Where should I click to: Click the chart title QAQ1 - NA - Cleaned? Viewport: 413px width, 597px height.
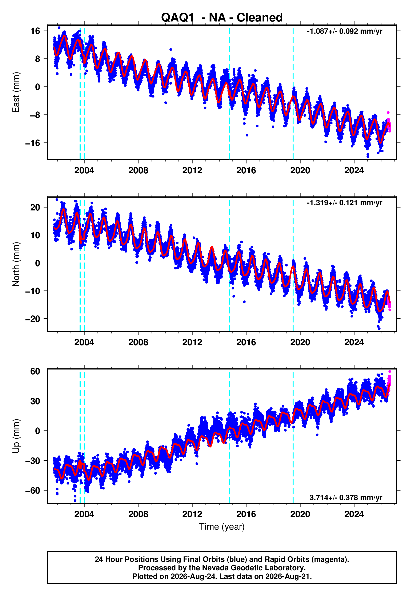[x=222, y=18]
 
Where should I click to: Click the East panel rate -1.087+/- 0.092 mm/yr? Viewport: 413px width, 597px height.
[x=344, y=31]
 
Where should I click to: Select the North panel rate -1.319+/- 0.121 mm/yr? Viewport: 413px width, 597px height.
[x=344, y=203]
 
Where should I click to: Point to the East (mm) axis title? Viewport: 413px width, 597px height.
[x=16, y=92]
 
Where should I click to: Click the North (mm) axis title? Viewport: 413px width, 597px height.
[x=16, y=264]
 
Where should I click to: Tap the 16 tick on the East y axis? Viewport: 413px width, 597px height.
[x=35, y=31]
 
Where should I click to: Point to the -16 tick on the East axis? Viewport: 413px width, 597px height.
[x=33, y=143]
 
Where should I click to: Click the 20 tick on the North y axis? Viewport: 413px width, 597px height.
[x=35, y=207]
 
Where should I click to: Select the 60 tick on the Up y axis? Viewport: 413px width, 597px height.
[x=35, y=371]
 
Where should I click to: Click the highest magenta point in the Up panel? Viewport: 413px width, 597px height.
[x=389, y=372]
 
